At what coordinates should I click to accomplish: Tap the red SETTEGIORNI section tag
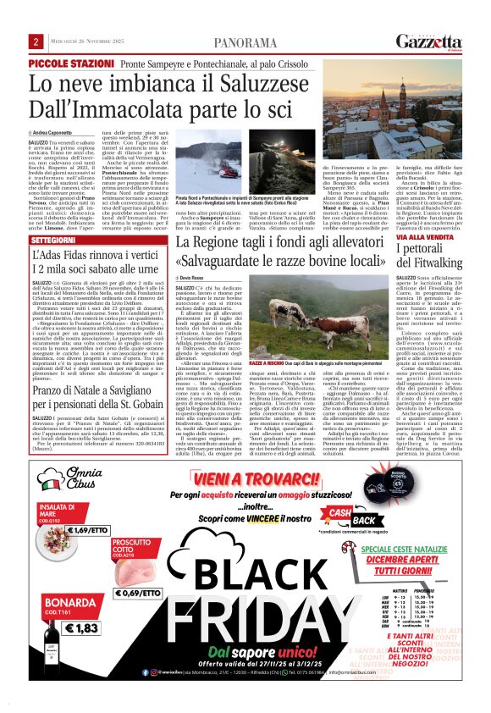click(x=52, y=240)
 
